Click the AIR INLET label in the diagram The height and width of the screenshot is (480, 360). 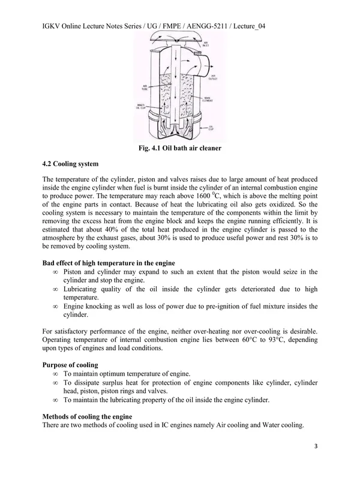(x=205, y=44)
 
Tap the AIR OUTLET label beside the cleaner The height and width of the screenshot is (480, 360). (x=213, y=77)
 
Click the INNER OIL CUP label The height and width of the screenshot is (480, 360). (x=143, y=108)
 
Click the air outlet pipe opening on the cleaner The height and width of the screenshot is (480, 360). (x=206, y=62)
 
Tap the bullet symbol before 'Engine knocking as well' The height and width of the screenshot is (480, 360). (x=56, y=306)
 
